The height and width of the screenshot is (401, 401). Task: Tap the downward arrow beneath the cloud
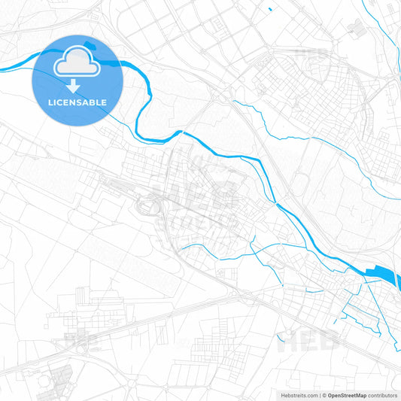click(x=76, y=86)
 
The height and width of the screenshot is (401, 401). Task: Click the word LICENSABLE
click(x=76, y=102)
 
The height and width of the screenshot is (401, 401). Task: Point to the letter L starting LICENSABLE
click(x=48, y=102)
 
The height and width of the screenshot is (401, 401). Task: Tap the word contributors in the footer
click(x=382, y=395)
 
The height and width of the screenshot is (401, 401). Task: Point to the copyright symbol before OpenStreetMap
click(x=322, y=395)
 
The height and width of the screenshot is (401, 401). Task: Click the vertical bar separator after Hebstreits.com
click(x=317, y=395)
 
